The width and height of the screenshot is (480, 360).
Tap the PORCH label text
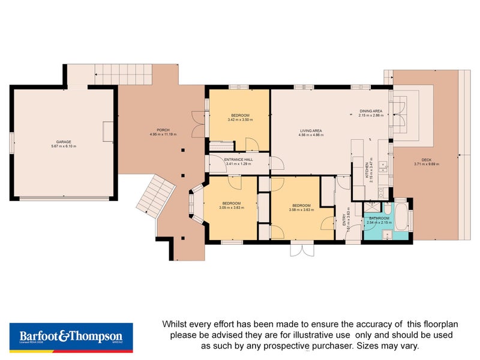click(x=162, y=130)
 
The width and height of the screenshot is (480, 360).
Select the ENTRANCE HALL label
click(x=238, y=160)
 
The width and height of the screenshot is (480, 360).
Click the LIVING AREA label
click(x=311, y=131)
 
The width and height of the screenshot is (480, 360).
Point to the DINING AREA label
click(x=370, y=111)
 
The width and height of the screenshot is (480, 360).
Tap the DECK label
click(x=427, y=160)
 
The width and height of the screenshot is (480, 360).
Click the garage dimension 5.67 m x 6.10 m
click(x=64, y=146)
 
